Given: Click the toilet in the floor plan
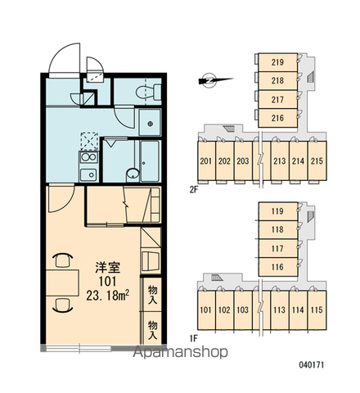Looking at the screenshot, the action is click(148, 92).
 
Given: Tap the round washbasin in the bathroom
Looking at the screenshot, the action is click(133, 174).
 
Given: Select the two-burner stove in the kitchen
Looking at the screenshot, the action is click(88, 157).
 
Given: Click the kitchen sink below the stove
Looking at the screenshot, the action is click(88, 174).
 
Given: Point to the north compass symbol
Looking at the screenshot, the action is click(214, 80).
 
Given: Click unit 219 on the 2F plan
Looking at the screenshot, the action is click(277, 62).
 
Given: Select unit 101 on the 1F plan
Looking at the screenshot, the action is click(206, 310).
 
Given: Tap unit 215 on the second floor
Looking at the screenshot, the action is click(317, 161).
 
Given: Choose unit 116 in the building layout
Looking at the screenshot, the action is click(277, 267).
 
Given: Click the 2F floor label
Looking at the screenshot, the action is click(193, 190).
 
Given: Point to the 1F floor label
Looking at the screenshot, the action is click(193, 339).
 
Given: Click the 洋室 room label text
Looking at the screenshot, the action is click(108, 267).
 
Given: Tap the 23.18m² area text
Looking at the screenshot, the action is click(108, 296).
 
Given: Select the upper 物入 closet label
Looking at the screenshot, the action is click(153, 295).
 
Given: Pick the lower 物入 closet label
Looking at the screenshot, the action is click(153, 330).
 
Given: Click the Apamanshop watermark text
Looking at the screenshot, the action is click(180, 352).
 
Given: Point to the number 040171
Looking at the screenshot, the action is click(312, 364).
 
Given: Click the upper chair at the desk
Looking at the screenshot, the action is click(62, 260).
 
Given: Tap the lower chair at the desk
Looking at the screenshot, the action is click(62, 305).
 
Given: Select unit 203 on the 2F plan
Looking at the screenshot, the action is click(243, 161).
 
